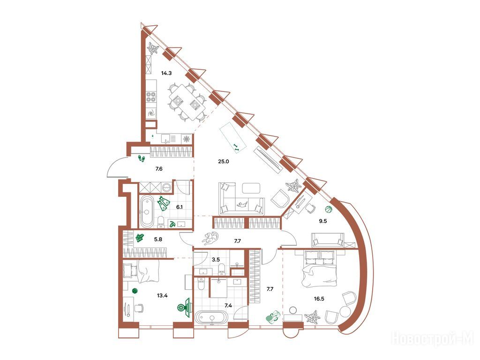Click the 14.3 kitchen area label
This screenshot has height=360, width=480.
(x=166, y=73)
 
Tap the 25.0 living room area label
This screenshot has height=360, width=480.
(x=224, y=161)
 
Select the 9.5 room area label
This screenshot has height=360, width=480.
(x=323, y=221)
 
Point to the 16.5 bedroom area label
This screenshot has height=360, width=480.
(x=319, y=299)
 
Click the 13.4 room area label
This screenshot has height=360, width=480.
(x=162, y=296)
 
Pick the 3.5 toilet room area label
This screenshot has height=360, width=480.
(x=216, y=260)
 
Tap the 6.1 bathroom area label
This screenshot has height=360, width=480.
(x=180, y=207)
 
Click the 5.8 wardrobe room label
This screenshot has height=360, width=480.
(x=158, y=240)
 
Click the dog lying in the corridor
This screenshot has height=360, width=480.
(x=210, y=239)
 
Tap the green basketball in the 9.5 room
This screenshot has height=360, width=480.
(x=329, y=210)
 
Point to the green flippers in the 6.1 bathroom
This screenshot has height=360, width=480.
(x=164, y=203)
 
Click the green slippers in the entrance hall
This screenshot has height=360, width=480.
(x=142, y=158)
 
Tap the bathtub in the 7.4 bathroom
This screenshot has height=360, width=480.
(x=211, y=317)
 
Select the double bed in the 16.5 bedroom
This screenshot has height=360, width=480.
(x=319, y=268)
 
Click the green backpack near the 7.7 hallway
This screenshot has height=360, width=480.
(x=273, y=317)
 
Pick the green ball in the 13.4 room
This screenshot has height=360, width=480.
(x=134, y=291)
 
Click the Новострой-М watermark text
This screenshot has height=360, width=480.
(x=433, y=339)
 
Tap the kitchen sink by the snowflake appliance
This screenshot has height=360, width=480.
(x=165, y=139)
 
